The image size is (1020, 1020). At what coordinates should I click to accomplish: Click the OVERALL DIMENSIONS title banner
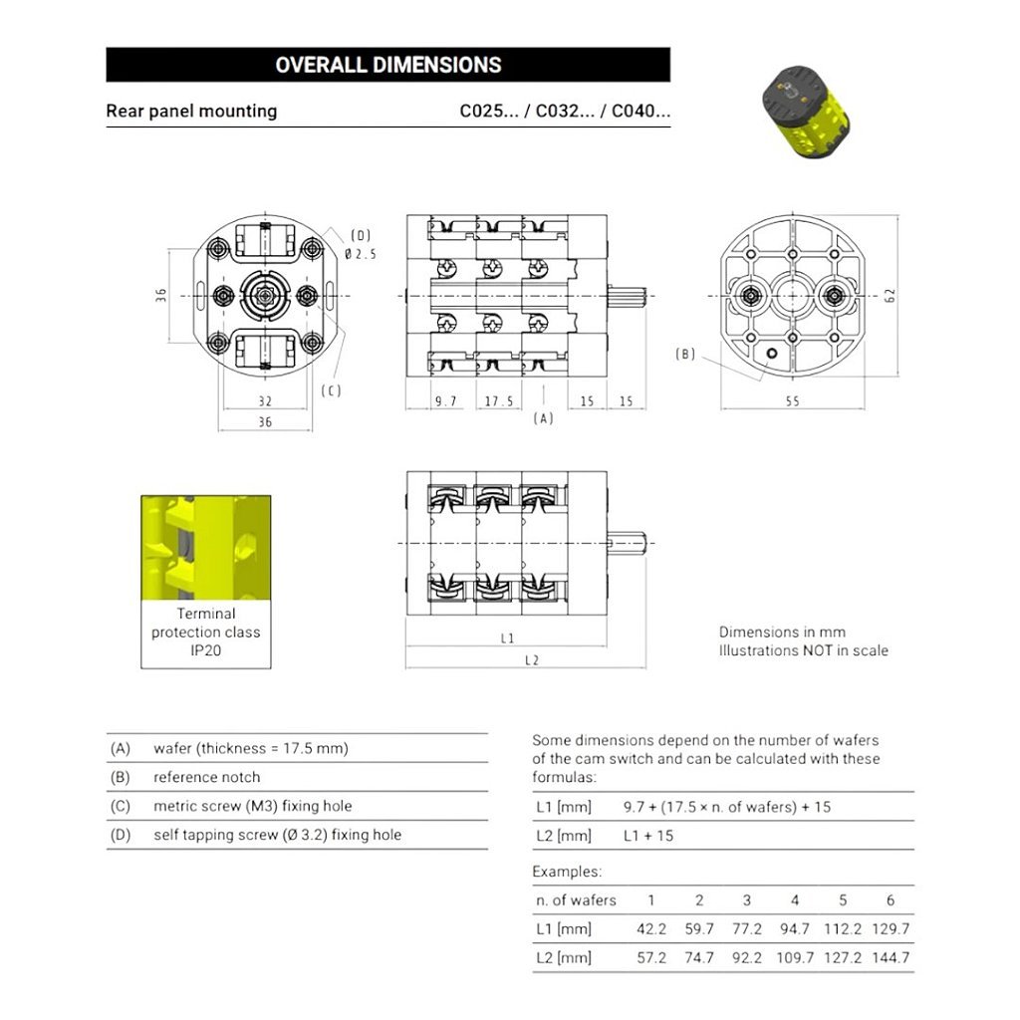tap(387, 65)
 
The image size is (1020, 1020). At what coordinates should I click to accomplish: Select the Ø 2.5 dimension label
tap(361, 254)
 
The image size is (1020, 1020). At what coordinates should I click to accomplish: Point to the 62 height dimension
tap(890, 295)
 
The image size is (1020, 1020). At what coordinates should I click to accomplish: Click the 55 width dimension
tap(792, 401)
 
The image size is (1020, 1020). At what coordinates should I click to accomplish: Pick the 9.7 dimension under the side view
tap(445, 401)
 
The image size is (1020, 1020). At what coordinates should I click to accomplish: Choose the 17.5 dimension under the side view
tap(499, 401)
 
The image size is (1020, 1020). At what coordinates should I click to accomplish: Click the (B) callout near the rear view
tap(685, 354)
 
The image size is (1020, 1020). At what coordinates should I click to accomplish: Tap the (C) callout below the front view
tap(331, 390)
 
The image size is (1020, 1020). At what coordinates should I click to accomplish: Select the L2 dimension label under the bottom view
tap(532, 660)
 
